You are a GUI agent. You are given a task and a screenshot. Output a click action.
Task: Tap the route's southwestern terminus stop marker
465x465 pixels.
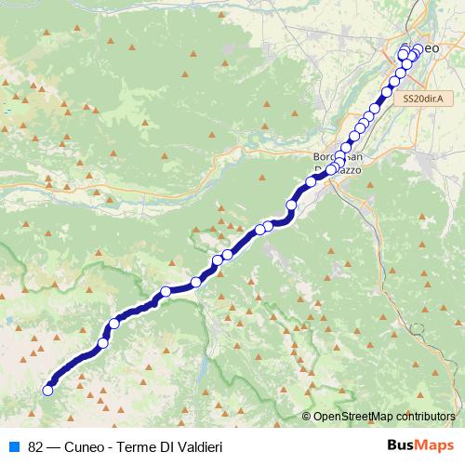[x=47, y=391]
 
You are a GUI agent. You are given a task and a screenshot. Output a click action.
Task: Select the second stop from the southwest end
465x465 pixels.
[x=103, y=344]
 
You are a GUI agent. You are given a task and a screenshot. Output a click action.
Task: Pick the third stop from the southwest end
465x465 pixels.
[x=114, y=324]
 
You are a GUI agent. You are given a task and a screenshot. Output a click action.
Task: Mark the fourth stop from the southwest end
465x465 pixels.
[x=166, y=292]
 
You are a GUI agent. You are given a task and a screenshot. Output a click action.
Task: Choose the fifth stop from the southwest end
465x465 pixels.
[x=196, y=282]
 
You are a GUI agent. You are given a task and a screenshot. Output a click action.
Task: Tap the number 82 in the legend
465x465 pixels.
[x=36, y=446]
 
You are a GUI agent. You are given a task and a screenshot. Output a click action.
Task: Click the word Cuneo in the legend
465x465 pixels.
[x=86, y=446]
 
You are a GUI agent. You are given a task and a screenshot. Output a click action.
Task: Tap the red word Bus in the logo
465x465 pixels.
[x=402, y=445]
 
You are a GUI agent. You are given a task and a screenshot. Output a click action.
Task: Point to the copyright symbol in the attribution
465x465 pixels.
[x=308, y=418]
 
